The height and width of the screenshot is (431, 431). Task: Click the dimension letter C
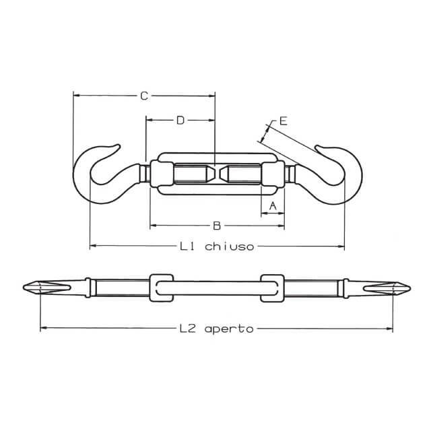click(144, 96)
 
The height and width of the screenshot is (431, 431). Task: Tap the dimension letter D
click(180, 120)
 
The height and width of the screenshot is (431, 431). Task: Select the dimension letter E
click(283, 121)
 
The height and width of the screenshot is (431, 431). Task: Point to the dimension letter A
click(272, 205)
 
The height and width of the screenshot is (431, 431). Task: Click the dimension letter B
click(217, 226)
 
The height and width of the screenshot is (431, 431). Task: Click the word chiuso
click(230, 246)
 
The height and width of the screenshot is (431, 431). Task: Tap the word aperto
click(229, 329)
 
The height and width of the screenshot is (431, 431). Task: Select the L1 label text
click(187, 246)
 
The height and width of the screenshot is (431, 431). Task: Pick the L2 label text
click(187, 329)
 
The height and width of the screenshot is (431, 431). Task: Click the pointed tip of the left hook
click(119, 145)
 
